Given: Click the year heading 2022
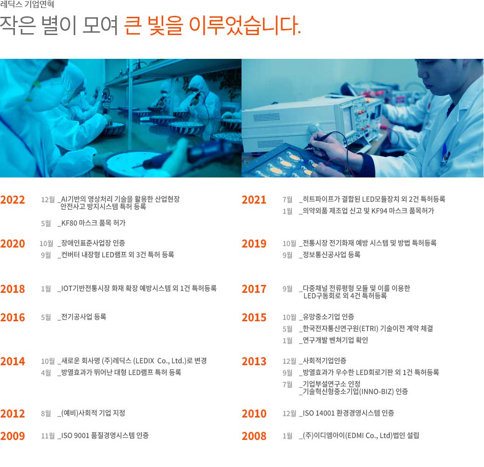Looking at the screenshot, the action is (13, 200).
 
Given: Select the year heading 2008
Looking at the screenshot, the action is (254, 436).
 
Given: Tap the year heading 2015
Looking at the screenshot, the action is (254, 318).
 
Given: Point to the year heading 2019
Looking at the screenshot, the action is (254, 244).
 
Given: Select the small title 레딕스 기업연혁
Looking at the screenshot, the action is (27, 4).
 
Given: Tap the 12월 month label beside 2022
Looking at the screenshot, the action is (48, 199).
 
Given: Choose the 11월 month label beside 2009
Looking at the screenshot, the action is (48, 436).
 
